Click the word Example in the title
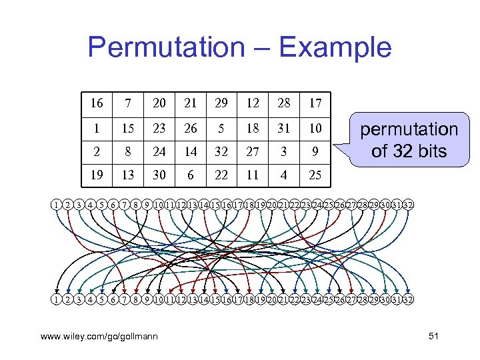pyautogui.click(x=335, y=48)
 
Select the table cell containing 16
pyautogui.click(x=97, y=103)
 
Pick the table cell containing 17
pyautogui.click(x=315, y=103)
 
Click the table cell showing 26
pyautogui.click(x=191, y=127)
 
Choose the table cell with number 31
pyautogui.click(x=285, y=127)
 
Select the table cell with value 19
pyautogui.click(x=97, y=175)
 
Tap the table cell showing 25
pyautogui.click(x=315, y=175)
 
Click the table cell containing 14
pyautogui.click(x=191, y=151)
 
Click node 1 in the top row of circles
pyautogui.click(x=57, y=205)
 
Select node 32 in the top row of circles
pyautogui.click(x=408, y=205)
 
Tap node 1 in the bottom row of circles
pyautogui.click(x=57, y=299)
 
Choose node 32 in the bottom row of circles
pyautogui.click(x=408, y=299)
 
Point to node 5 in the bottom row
pyautogui.click(x=102, y=299)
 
